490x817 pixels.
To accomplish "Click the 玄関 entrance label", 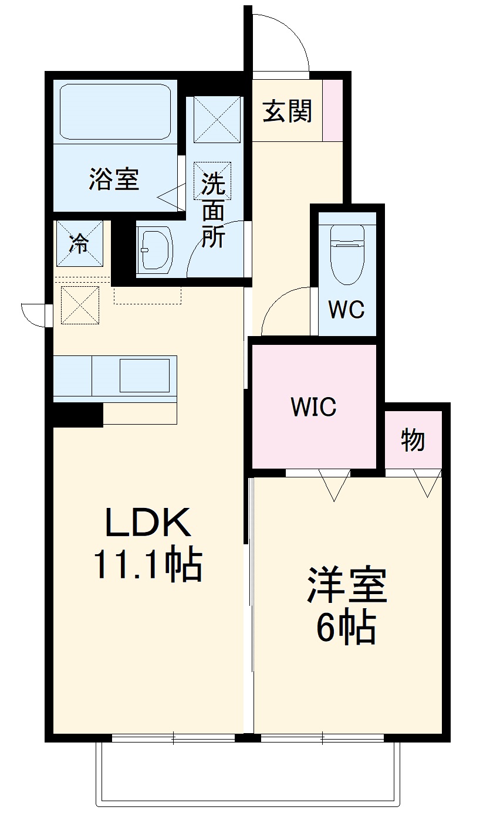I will pyautogui.click(x=287, y=111).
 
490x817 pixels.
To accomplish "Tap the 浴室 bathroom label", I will pyautogui.click(x=114, y=179).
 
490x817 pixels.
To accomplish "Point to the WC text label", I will pyautogui.click(x=346, y=309).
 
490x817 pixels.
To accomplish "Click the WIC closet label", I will pyautogui.click(x=313, y=406).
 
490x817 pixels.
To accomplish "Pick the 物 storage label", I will pyautogui.click(x=413, y=440).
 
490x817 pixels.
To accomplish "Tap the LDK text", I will pyautogui.click(x=148, y=523).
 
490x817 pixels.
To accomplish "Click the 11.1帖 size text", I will pyautogui.click(x=148, y=564).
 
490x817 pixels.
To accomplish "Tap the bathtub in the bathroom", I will pyautogui.click(x=115, y=111).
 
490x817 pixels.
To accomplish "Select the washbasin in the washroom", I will pyautogui.click(x=155, y=249).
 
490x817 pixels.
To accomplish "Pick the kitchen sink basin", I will pyautogui.click(x=144, y=375).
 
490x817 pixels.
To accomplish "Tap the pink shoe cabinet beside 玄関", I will pyautogui.click(x=333, y=110).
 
